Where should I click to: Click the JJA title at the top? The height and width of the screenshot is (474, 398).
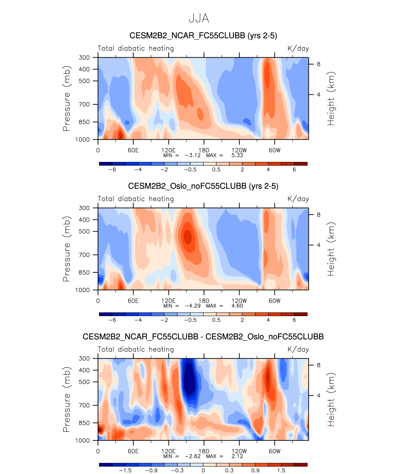click(x=199, y=19)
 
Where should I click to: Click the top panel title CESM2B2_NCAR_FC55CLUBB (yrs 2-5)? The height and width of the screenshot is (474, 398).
click(x=203, y=36)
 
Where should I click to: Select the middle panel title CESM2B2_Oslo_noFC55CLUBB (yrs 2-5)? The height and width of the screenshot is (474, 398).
click(x=203, y=186)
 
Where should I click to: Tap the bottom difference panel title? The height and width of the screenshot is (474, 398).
click(x=203, y=337)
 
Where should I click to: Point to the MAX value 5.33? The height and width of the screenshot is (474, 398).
click(x=237, y=155)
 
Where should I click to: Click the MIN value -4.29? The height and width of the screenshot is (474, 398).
click(x=193, y=306)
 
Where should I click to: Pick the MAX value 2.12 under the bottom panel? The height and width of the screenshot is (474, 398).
click(x=237, y=456)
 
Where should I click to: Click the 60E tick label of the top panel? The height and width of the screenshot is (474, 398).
click(x=133, y=150)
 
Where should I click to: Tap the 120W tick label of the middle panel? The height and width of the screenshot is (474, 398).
click(x=239, y=301)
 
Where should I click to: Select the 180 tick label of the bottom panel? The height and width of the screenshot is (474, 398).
click(x=204, y=451)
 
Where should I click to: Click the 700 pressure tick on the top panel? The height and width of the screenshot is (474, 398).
click(x=84, y=104)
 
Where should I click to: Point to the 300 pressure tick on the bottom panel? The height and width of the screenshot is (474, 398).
click(x=84, y=359)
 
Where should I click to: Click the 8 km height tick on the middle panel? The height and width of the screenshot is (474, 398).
click(x=318, y=215)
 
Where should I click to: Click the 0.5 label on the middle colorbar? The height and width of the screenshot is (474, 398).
click(x=216, y=320)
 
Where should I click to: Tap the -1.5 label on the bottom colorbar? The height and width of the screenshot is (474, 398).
click(x=125, y=471)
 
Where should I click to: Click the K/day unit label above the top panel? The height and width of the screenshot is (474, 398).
click(x=298, y=48)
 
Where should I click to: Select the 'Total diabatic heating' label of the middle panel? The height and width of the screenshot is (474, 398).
click(x=136, y=199)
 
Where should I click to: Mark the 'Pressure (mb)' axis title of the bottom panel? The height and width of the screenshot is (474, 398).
click(x=67, y=399)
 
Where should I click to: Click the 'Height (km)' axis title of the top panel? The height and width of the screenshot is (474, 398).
click(x=331, y=98)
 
